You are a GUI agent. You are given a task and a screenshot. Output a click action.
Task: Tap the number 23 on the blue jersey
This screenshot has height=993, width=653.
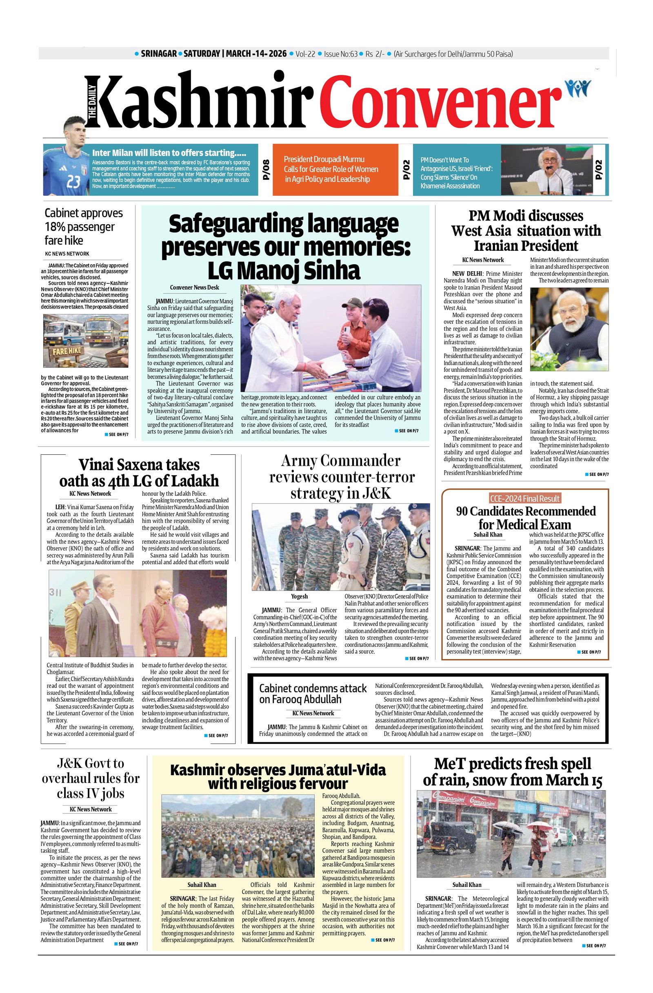click(x=73, y=182)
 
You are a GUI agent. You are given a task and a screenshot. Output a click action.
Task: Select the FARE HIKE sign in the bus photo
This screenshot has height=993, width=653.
click(x=67, y=349)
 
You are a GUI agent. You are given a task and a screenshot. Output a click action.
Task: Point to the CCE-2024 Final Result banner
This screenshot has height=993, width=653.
click(x=525, y=498)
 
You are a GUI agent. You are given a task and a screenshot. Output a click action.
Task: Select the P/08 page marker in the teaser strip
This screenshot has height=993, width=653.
click(x=266, y=170)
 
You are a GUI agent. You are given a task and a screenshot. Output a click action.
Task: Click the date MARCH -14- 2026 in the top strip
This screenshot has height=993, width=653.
click(x=256, y=54)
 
